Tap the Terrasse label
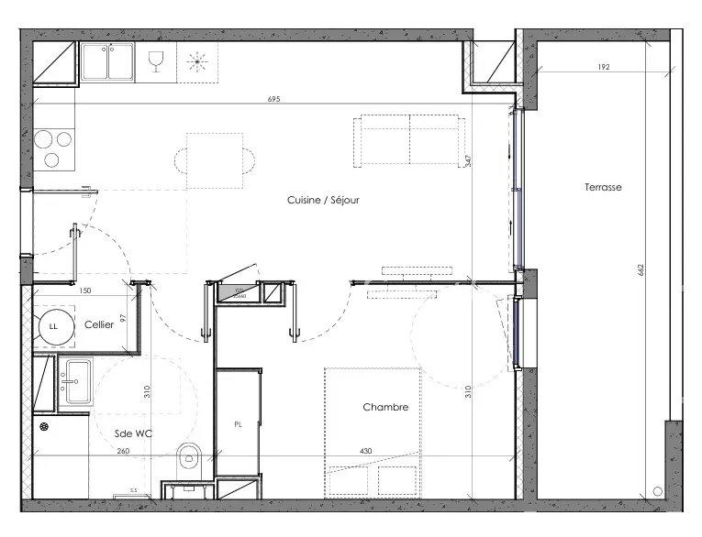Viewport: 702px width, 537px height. point(603,187)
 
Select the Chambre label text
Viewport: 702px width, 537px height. point(384,407)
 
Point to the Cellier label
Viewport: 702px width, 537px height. point(99,324)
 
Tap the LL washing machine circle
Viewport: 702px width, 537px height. point(53,325)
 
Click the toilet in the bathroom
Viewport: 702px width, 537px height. point(190,455)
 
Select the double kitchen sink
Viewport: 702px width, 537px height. point(108,61)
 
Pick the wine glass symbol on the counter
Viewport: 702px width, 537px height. point(156,61)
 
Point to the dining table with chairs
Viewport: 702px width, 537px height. point(216,160)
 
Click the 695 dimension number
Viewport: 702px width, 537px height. point(273,98)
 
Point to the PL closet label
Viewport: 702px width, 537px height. point(238,424)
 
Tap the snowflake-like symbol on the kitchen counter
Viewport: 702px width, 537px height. point(197,61)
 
